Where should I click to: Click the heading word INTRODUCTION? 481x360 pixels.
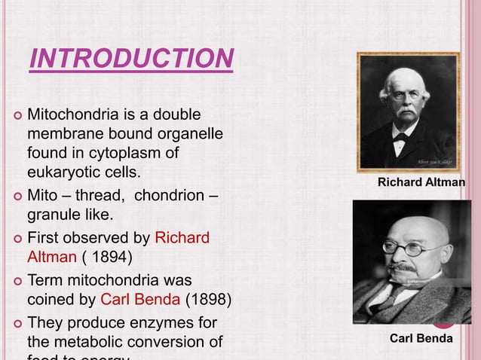coord(131,58)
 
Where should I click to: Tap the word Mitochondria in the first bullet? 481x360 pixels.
coord(79,116)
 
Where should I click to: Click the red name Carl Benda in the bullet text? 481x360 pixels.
coord(139,299)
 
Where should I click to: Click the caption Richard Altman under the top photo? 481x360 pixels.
coord(421,182)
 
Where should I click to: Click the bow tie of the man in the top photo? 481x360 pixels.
coord(400,138)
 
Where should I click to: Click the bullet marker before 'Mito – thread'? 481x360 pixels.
coord(14,198)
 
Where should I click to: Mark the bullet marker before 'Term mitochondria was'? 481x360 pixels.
coord(14,280)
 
